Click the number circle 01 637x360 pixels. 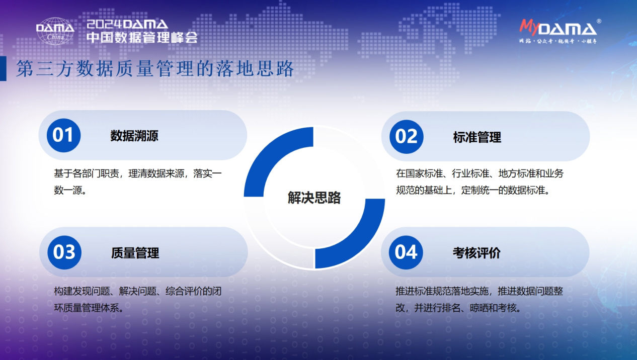(x=63, y=135)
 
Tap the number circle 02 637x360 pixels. (x=406, y=136)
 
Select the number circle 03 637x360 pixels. (x=64, y=252)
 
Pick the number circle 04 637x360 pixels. (x=406, y=252)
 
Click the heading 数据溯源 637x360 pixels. (x=134, y=136)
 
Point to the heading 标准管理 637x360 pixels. (x=477, y=137)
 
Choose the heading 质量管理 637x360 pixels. (x=135, y=253)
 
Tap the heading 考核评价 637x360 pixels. (x=476, y=252)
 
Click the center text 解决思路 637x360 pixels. (x=314, y=198)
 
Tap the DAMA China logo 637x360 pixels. (x=55, y=31)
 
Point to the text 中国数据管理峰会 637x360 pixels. (x=142, y=38)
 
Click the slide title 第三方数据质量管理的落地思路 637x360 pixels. (x=155, y=69)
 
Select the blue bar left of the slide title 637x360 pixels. (x=3, y=69)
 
